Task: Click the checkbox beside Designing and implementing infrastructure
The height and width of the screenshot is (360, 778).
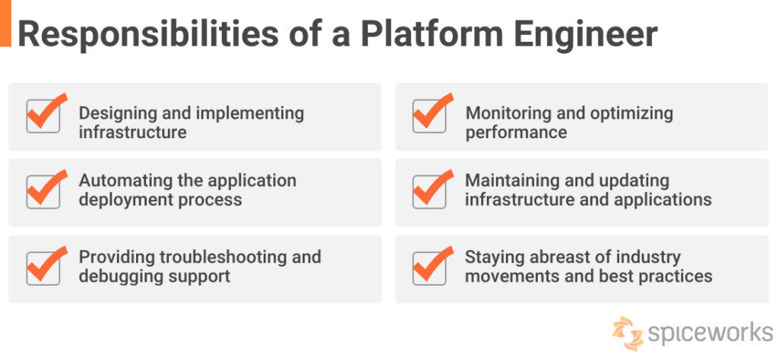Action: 43,115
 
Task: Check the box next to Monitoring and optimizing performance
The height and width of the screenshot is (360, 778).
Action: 429,115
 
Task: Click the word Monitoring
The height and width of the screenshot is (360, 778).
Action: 504,113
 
